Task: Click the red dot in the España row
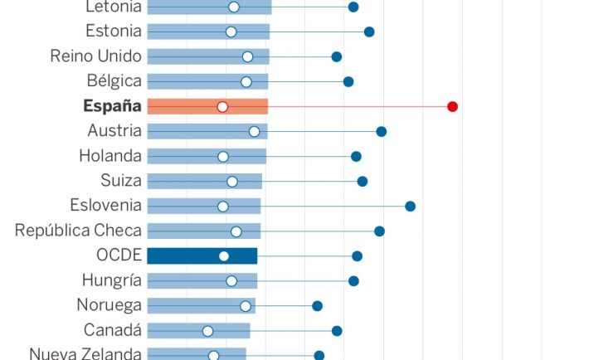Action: click(452, 106)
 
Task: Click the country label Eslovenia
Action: click(106, 206)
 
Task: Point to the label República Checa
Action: click(78, 231)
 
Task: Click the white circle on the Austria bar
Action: click(254, 131)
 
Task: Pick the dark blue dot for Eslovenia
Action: click(410, 206)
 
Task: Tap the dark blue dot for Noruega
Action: click(317, 305)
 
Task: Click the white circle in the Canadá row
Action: click(207, 330)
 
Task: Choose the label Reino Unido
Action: click(96, 56)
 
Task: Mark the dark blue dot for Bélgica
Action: click(348, 81)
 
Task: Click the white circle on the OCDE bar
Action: click(224, 255)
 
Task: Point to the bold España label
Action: click(112, 106)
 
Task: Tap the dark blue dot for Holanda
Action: click(356, 156)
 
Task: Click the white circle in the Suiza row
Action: click(232, 181)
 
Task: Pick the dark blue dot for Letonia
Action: click(353, 7)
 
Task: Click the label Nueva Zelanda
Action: click(85, 353)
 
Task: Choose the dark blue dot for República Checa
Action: click(379, 231)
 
